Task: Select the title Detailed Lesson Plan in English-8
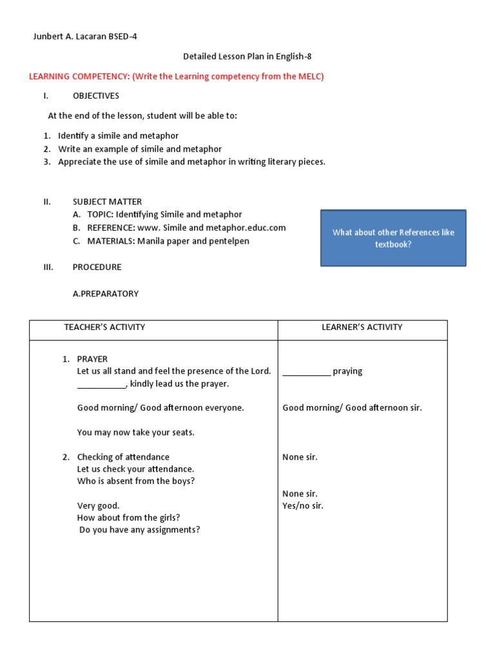tap(247, 57)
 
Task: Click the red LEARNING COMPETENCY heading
tap(176, 77)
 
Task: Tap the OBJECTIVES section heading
tap(95, 96)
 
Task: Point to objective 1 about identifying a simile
tap(118, 136)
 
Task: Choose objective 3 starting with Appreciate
tap(191, 162)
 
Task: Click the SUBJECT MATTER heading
tap(107, 202)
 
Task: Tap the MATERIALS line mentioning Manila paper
tap(168, 241)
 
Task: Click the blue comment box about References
tap(393, 238)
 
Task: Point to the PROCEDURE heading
tap(97, 267)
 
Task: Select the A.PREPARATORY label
tap(106, 294)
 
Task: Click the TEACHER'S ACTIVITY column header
tap(104, 327)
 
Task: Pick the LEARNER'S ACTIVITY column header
tap(362, 327)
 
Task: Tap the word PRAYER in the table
tap(92, 359)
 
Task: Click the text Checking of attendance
tap(123, 457)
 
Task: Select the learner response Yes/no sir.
tap(303, 506)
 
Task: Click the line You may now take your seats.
tap(135, 432)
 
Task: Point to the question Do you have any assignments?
tap(139, 530)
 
